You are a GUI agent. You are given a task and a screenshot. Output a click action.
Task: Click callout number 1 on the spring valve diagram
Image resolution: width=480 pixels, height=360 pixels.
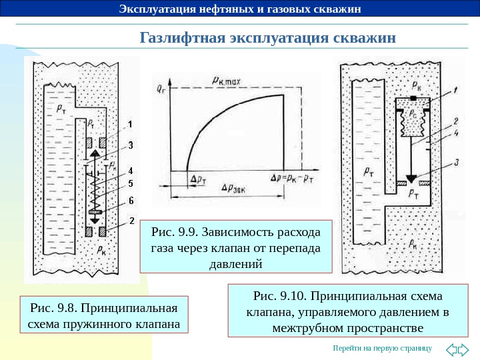click(x=131, y=124)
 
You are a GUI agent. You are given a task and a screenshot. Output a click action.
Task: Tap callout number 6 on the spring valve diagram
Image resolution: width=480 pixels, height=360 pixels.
click(x=131, y=200)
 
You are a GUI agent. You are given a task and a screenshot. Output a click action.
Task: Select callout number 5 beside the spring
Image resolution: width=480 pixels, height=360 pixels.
click(x=131, y=184)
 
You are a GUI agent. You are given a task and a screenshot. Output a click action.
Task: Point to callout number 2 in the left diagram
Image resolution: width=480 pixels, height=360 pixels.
click(x=131, y=220)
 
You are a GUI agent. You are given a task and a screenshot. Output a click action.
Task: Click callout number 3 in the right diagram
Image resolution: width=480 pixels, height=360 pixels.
click(x=455, y=162)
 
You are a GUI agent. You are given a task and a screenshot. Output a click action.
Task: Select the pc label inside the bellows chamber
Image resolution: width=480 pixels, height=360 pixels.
click(x=413, y=115)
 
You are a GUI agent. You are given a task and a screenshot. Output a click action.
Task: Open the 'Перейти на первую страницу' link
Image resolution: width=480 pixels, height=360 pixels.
click(x=382, y=349)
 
